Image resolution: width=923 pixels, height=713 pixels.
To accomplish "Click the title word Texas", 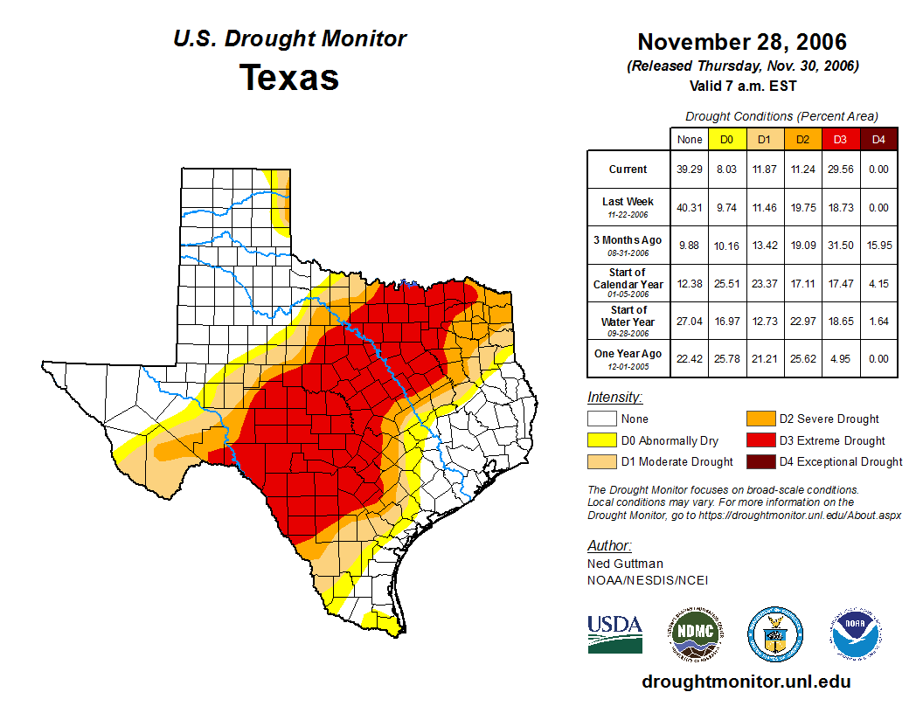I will point(289,78).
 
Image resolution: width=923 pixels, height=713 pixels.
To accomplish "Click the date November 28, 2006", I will point(742,42).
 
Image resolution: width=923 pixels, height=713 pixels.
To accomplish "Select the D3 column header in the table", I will point(840,139).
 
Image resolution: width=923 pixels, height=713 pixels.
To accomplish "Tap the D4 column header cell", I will point(878,139).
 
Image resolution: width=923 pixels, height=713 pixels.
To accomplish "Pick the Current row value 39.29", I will point(690,170).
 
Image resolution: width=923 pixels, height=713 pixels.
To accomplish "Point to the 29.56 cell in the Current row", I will point(840,170).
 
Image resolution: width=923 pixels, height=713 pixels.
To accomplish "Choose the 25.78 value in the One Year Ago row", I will point(726,358).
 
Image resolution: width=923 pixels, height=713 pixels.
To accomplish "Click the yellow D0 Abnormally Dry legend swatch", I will point(602,440).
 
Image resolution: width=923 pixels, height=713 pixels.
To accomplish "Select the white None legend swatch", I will point(602,419).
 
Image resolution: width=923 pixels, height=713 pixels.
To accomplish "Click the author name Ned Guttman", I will point(625,564).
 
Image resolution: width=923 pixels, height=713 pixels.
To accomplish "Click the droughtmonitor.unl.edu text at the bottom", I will point(746,682).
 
